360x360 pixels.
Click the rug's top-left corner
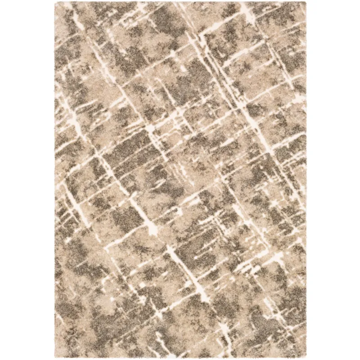[55, 2]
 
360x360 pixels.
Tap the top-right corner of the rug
[306, 2]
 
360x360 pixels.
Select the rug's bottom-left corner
[55, 358]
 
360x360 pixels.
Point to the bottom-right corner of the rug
[306, 358]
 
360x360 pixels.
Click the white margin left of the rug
[27, 180]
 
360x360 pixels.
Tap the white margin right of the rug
[333, 180]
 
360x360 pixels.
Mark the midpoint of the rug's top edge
[180, 2]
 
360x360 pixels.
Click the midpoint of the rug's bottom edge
[180, 358]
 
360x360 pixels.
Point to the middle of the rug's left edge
[55, 180]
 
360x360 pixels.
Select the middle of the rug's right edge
[306, 180]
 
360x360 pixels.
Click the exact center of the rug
[180, 180]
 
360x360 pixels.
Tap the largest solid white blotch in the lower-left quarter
[151, 229]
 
